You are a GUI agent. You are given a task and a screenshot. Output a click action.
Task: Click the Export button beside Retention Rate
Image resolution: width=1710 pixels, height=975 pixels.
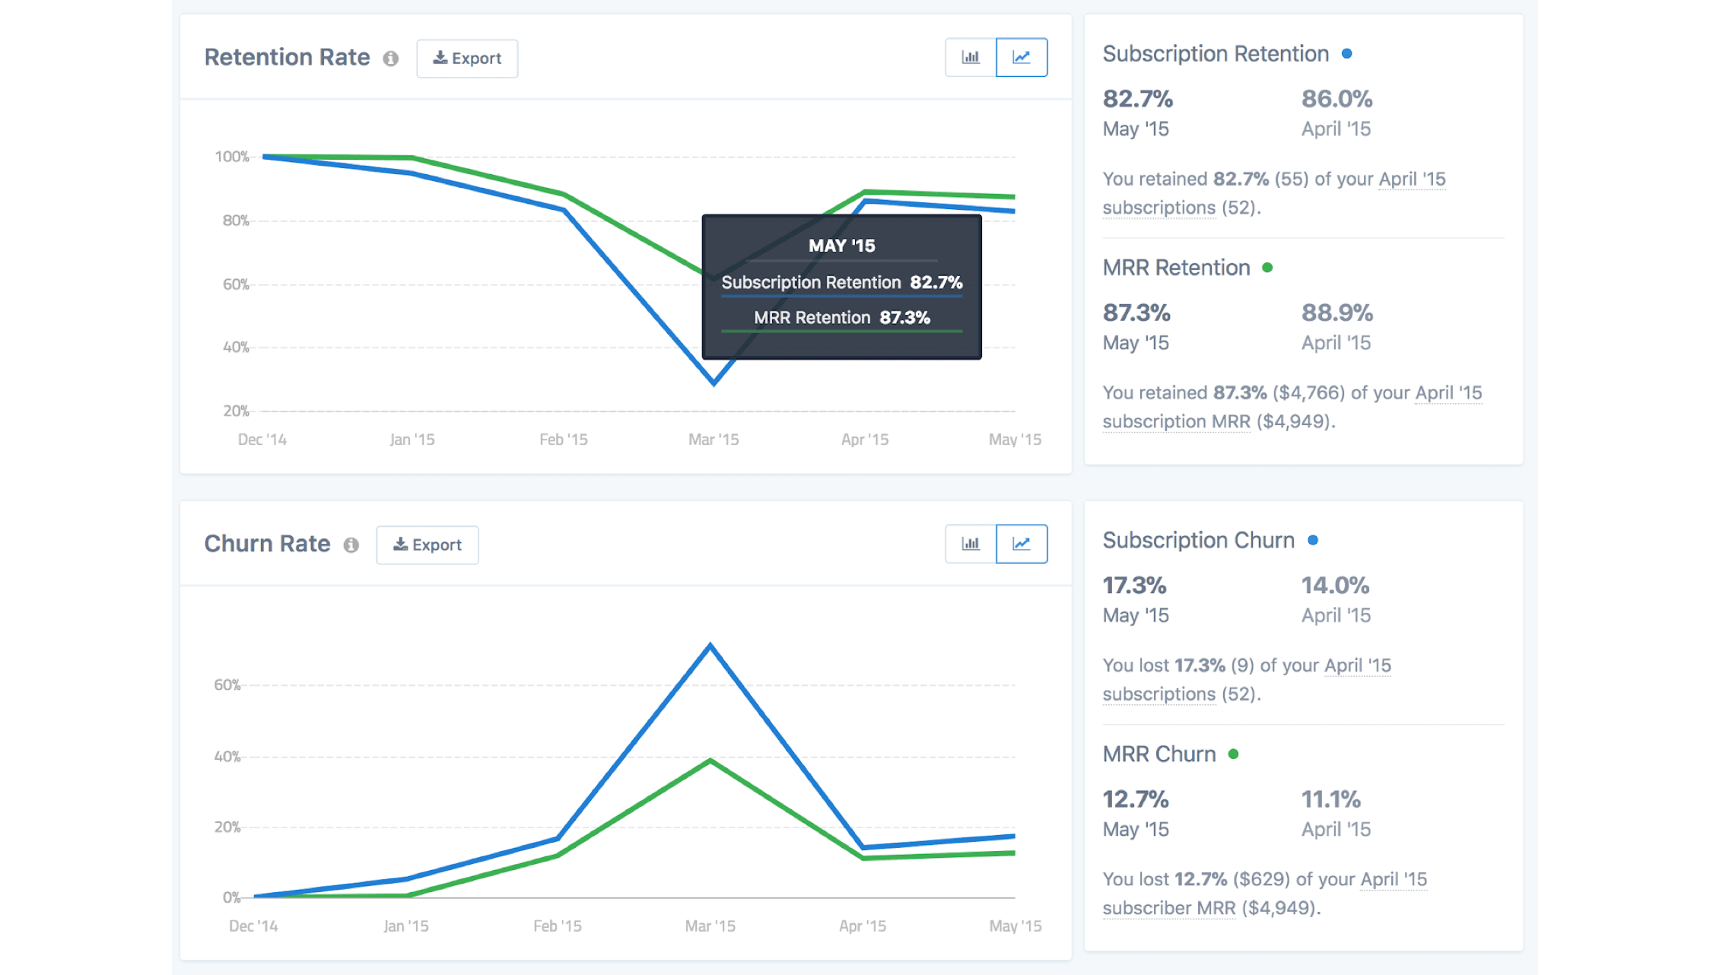(467, 59)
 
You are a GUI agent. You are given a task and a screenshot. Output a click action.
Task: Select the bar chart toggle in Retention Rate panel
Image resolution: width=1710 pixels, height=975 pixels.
(971, 58)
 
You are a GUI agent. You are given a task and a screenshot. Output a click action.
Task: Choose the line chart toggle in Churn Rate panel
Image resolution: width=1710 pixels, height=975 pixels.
(1021, 544)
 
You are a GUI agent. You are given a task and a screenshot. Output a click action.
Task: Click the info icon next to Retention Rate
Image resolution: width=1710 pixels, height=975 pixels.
(391, 59)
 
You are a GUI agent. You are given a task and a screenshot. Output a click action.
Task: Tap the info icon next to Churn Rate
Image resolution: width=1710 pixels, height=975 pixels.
(351, 545)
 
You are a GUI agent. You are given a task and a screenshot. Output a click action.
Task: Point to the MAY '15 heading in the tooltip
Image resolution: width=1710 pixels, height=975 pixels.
(841, 246)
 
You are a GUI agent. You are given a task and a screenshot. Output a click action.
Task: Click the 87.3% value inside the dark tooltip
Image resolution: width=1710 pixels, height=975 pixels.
(904, 318)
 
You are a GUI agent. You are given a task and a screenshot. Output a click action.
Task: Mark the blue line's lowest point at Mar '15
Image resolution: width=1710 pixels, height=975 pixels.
(714, 383)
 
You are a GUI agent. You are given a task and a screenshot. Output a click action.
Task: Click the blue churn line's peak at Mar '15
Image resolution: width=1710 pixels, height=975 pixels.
(710, 646)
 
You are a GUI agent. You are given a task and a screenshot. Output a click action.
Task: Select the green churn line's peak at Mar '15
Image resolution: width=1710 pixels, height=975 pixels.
(710, 761)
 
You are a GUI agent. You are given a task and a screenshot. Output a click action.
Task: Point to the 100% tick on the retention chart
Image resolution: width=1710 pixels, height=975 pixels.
(232, 157)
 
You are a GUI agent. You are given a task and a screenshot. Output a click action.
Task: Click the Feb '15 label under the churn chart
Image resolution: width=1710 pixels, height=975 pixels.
(557, 926)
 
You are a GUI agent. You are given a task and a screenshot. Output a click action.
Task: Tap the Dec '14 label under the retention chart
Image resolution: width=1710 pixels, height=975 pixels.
(262, 440)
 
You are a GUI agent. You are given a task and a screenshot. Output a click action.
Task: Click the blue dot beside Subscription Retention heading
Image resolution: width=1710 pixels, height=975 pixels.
(1346, 54)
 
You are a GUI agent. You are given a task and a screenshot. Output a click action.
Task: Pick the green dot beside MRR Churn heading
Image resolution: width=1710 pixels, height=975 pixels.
(1233, 754)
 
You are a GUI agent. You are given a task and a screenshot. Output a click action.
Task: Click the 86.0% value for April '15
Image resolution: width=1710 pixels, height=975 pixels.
(1337, 99)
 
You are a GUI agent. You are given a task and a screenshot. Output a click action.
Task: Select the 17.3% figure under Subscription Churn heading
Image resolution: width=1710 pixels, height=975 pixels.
(1134, 586)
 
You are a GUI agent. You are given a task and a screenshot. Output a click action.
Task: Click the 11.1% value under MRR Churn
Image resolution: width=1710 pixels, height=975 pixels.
(1330, 799)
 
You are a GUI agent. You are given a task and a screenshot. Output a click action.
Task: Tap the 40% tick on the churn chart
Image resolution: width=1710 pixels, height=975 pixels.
(227, 757)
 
